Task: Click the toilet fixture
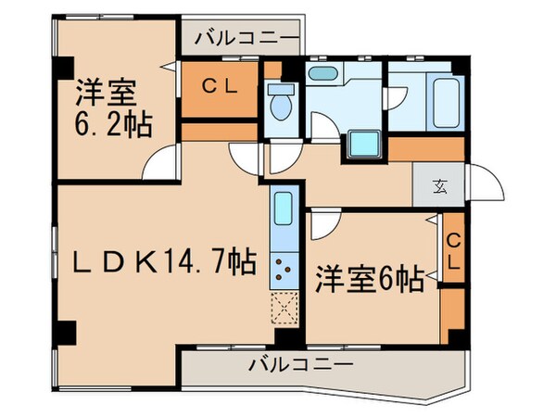coord(281,104)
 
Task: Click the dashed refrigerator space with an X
coord(284,307)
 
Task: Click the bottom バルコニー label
coord(299,364)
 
